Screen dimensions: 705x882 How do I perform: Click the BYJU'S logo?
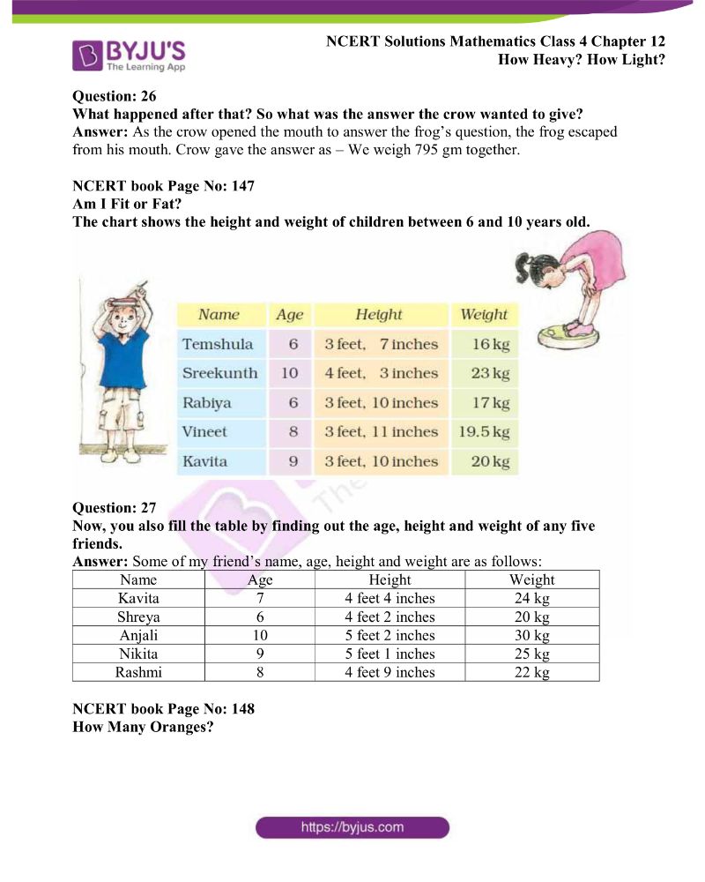tap(129, 55)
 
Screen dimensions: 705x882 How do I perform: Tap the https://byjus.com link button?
tap(352, 827)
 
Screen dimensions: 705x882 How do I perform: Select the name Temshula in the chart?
tap(217, 344)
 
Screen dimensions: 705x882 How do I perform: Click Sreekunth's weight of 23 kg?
tap(490, 373)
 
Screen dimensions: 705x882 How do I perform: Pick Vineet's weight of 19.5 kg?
tap(484, 432)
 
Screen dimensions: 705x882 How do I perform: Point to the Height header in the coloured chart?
tap(379, 315)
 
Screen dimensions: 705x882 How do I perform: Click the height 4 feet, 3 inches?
tap(381, 373)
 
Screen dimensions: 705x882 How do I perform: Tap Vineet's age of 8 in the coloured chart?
tap(293, 432)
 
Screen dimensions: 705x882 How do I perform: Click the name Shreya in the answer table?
tap(138, 617)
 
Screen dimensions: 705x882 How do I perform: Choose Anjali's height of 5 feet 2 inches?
tap(390, 636)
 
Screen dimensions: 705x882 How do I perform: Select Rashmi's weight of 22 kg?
tap(531, 673)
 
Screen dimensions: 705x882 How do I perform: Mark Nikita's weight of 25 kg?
tap(531, 654)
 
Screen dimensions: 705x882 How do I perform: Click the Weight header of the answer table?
tap(531, 580)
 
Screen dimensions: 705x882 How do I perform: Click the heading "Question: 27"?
tap(114, 508)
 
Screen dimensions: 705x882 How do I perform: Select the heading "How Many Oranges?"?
tap(143, 728)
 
